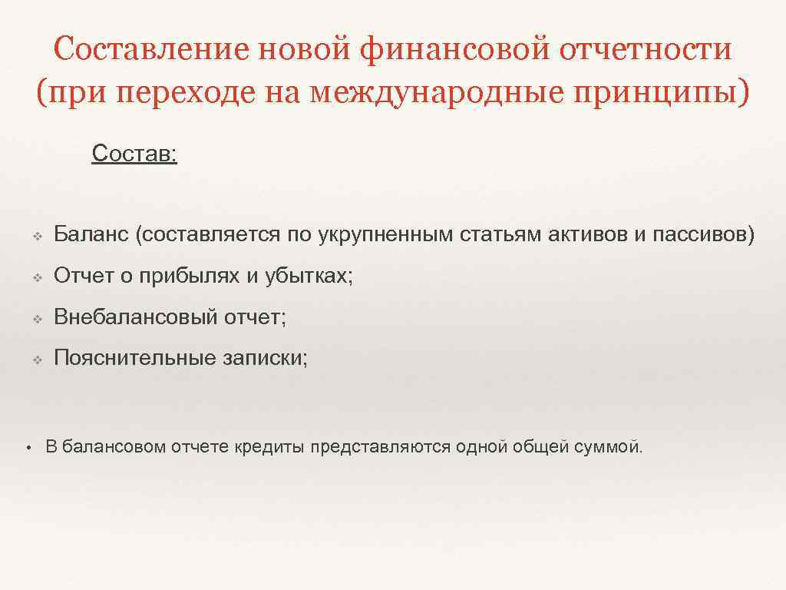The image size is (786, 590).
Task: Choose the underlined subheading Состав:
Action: (x=134, y=153)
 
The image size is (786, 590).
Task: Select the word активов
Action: (x=588, y=234)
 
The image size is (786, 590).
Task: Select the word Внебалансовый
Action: (x=135, y=317)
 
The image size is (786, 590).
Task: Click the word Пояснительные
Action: (x=130, y=357)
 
